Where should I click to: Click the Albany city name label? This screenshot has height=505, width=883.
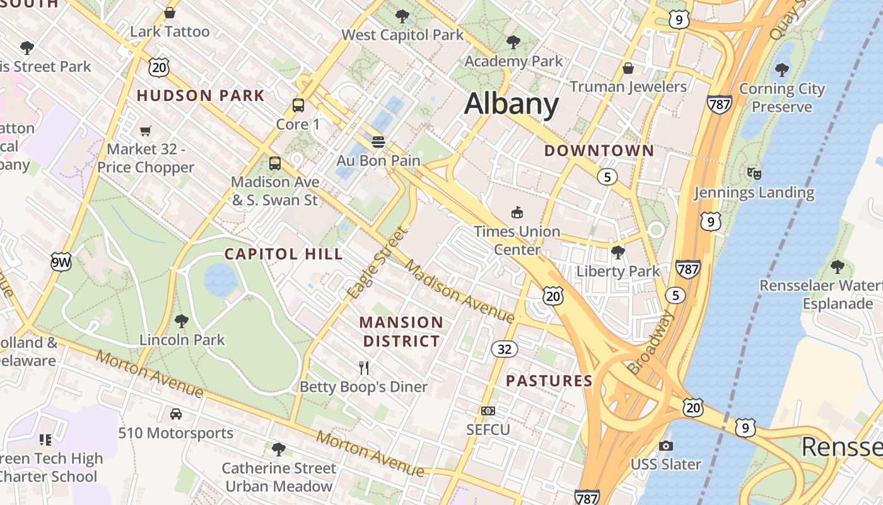pyautogui.click(x=512, y=104)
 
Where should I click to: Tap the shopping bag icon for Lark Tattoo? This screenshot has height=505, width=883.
pyautogui.click(x=170, y=13)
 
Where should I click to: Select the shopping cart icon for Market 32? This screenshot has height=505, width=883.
pyautogui.click(x=146, y=131)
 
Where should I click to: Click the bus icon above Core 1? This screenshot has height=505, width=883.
pyautogui.click(x=298, y=105)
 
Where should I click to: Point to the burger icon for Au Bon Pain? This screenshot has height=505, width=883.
pyautogui.click(x=378, y=142)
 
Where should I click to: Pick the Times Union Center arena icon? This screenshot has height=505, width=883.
pyautogui.click(x=517, y=213)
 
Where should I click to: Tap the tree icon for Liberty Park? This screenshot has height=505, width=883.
pyautogui.click(x=618, y=252)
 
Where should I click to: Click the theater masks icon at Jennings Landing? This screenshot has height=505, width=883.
pyautogui.click(x=754, y=173)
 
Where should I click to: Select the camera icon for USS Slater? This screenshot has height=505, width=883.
pyautogui.click(x=665, y=446)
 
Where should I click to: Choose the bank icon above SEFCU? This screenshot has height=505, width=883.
pyautogui.click(x=488, y=411)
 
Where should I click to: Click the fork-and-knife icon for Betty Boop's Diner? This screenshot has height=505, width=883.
pyautogui.click(x=364, y=367)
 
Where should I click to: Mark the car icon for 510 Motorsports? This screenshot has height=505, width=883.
pyautogui.click(x=176, y=414)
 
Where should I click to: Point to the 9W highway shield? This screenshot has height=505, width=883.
pyautogui.click(x=61, y=262)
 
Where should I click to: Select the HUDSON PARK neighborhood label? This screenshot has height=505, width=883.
pyautogui.click(x=201, y=96)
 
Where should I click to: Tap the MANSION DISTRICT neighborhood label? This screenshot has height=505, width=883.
pyautogui.click(x=401, y=332)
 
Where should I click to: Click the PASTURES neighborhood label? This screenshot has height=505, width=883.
pyautogui.click(x=549, y=381)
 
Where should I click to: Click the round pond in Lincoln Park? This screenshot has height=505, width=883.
pyautogui.click(x=221, y=279)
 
